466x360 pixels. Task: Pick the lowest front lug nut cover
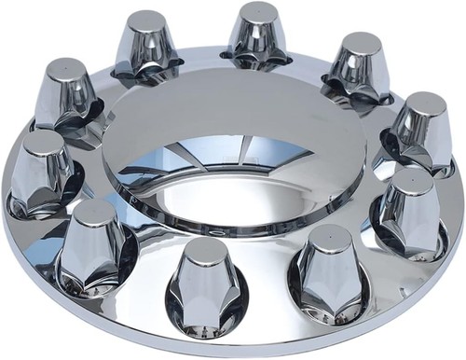205,289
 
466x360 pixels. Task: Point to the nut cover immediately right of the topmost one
358,66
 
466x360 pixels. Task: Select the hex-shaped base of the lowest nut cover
205,317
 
